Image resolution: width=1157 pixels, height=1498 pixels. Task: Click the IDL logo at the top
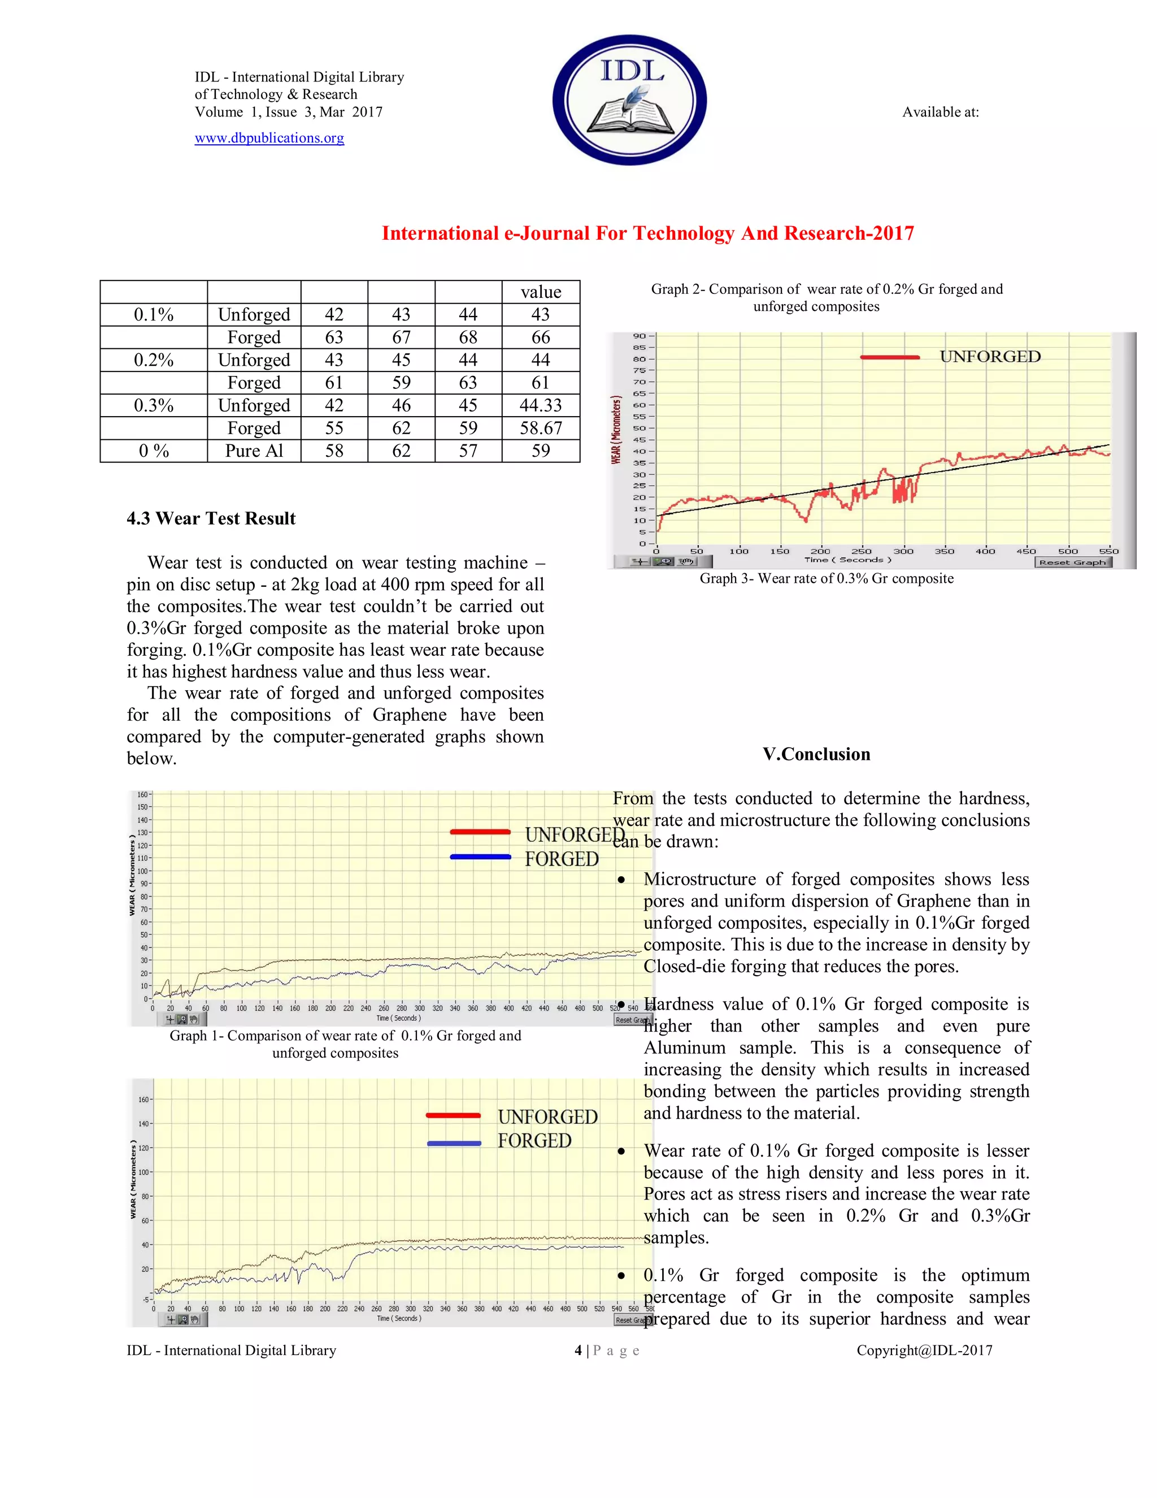pyautogui.click(x=629, y=100)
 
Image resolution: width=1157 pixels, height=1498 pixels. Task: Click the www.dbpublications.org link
pyautogui.click(x=269, y=138)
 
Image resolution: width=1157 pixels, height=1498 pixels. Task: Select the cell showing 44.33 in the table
pyautogui.click(x=540, y=405)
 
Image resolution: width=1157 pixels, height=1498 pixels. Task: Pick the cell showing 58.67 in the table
pyautogui.click(x=540, y=428)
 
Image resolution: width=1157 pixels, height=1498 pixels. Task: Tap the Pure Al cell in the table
pyautogui.click(x=254, y=451)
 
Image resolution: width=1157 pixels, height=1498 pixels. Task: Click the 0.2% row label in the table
pyautogui.click(x=154, y=360)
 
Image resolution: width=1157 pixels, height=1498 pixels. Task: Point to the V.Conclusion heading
pyautogui.click(x=816, y=755)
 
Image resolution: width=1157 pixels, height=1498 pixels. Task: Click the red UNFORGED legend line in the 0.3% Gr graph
pyautogui.click(x=890, y=357)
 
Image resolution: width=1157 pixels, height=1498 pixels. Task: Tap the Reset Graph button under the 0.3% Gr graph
pyautogui.click(x=1072, y=562)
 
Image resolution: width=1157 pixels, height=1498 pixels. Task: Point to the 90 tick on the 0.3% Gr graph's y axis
pyautogui.click(x=639, y=336)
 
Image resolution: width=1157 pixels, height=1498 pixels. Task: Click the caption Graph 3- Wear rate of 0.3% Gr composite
pyautogui.click(x=826, y=578)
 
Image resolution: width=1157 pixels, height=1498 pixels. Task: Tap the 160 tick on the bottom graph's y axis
pyautogui.click(x=143, y=1099)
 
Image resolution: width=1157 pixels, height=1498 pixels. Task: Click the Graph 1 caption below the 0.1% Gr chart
pyautogui.click(x=345, y=1044)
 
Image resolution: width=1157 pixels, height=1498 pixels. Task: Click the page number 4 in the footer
pyautogui.click(x=578, y=1350)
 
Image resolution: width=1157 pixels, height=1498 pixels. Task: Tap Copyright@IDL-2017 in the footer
pyautogui.click(x=924, y=1350)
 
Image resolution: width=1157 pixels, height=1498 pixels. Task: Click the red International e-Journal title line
pyautogui.click(x=647, y=234)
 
